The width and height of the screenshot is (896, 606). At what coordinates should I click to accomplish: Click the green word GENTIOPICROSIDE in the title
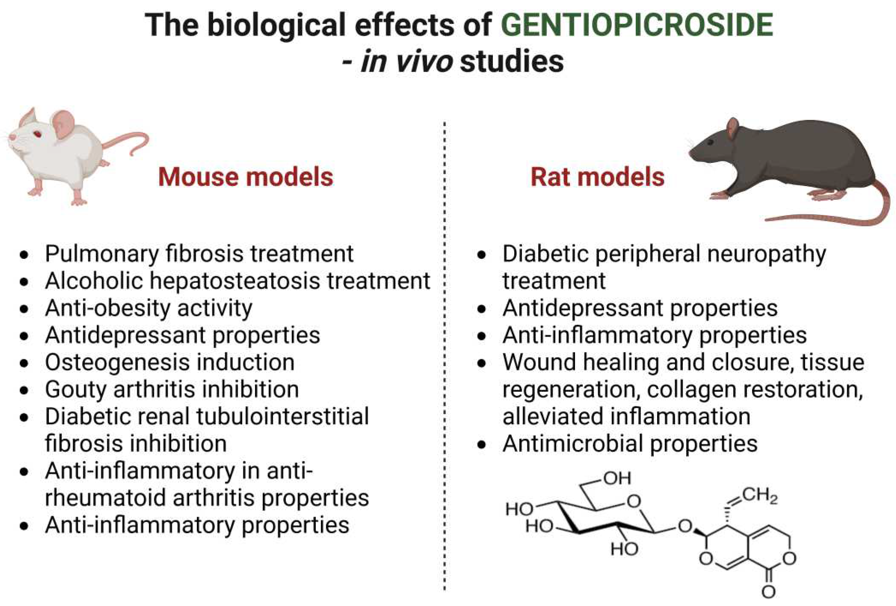pyautogui.click(x=637, y=25)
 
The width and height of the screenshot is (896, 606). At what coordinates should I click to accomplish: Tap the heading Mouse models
pyautogui.click(x=245, y=177)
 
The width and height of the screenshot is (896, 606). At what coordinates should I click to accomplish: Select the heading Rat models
pyautogui.click(x=597, y=177)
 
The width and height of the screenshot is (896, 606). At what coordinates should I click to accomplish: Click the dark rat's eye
pyautogui.click(x=710, y=143)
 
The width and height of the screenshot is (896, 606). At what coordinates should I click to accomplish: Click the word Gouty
pyautogui.click(x=76, y=390)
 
